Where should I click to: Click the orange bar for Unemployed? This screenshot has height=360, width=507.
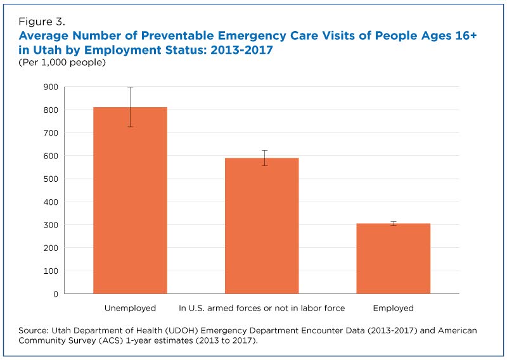[130, 203]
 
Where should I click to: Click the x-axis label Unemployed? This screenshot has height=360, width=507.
[130, 309]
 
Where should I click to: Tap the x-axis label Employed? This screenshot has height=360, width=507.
[393, 309]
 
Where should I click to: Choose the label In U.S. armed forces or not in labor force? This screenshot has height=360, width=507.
[262, 309]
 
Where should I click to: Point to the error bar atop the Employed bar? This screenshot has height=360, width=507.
[393, 223]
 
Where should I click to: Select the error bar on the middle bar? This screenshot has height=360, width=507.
[262, 158]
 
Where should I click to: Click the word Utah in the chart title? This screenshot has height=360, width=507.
[48, 50]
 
